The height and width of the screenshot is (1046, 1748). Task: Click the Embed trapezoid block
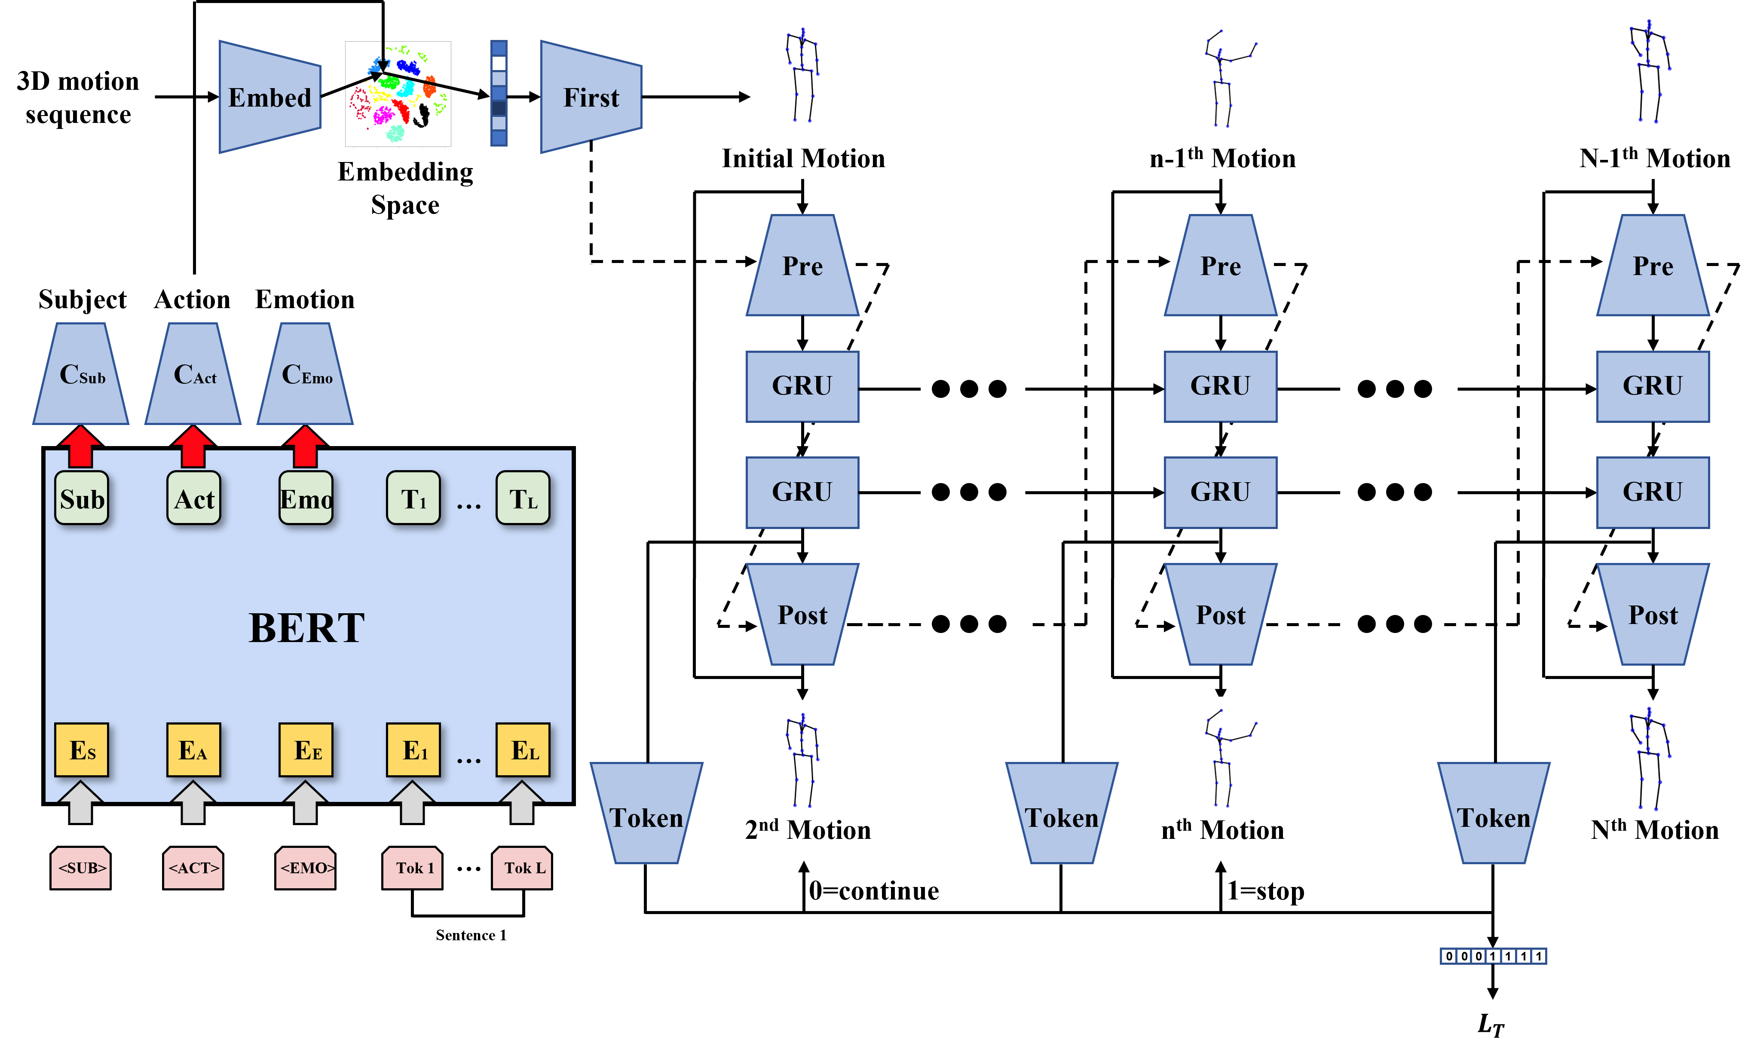coord(270,97)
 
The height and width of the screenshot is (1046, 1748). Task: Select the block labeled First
coord(591,97)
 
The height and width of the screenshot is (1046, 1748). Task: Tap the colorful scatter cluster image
coord(398,94)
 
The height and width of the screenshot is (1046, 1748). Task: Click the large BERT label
coord(306,628)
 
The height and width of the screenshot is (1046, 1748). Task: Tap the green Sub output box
coord(82,499)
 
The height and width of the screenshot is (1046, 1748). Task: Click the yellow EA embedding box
coord(193,750)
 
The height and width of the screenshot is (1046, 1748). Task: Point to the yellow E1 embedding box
coord(413,750)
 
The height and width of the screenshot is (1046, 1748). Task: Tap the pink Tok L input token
coord(522,868)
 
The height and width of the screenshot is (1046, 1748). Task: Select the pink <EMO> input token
coord(305,868)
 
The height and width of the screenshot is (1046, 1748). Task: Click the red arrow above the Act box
coord(193,446)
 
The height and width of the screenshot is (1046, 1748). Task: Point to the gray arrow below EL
coord(522,804)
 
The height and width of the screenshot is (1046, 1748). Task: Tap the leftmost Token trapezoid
coord(646,814)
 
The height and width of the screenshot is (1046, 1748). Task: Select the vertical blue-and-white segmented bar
coord(499,93)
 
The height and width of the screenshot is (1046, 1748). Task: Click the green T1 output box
coord(413,499)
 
